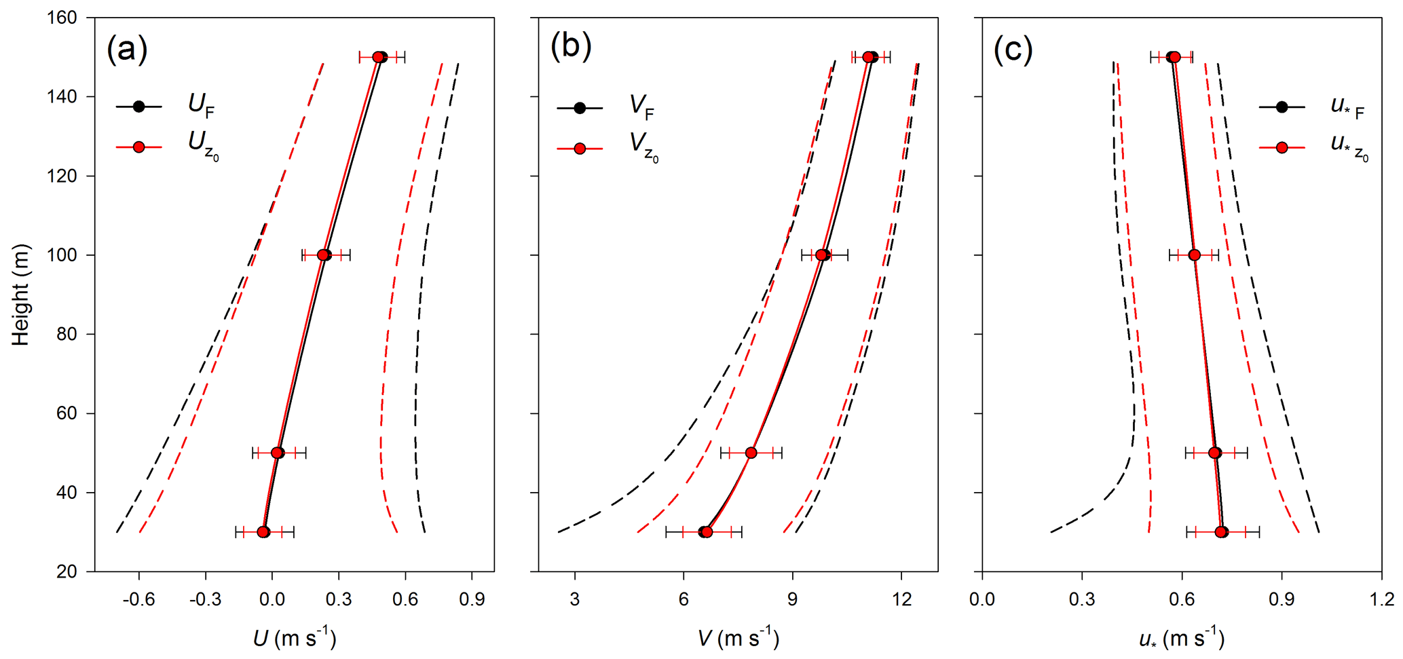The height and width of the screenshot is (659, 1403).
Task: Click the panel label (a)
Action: [x=127, y=49]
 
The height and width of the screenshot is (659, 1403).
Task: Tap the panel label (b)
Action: [x=571, y=46]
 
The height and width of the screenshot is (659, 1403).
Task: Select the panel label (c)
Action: [x=1013, y=49]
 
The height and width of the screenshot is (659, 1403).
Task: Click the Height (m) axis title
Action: [x=21, y=295]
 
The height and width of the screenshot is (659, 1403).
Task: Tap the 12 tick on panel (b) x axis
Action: [x=901, y=600]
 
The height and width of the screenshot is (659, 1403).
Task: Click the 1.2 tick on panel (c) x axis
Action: [x=1381, y=600]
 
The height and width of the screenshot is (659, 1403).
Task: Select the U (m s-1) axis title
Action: [x=295, y=639]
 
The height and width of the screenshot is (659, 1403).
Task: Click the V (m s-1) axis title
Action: [x=738, y=639]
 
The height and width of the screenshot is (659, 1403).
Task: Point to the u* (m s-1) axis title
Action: [x=1181, y=639]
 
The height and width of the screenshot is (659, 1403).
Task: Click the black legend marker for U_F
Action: [x=139, y=107]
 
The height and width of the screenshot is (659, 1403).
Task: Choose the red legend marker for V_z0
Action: [x=580, y=149]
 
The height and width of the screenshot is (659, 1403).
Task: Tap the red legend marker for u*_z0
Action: [x=1282, y=147]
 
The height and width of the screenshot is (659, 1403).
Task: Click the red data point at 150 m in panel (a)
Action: [x=378, y=57]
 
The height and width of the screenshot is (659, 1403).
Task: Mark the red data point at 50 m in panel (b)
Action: [x=751, y=453]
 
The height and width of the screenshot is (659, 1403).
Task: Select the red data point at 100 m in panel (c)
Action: [x=1195, y=255]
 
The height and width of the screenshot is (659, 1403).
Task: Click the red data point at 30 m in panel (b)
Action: [x=707, y=532]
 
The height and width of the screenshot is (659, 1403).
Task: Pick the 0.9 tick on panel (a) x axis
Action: [x=472, y=600]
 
